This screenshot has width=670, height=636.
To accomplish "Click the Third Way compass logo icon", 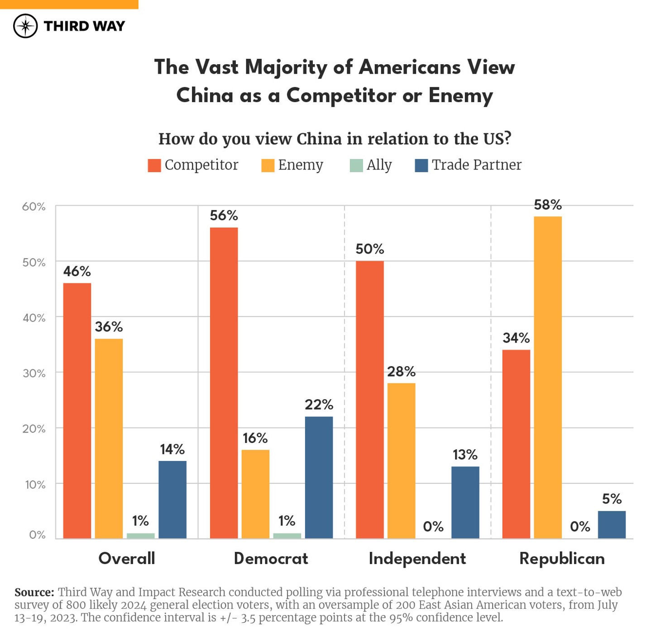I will [25, 26].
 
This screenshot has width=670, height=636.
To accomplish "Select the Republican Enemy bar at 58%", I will [548, 377].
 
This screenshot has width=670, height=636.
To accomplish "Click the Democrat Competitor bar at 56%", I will [224, 383].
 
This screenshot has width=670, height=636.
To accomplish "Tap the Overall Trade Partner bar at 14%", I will [172, 499].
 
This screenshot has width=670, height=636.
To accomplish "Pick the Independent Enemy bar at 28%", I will [401, 461].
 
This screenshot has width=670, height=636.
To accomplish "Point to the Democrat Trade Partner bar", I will [319, 477].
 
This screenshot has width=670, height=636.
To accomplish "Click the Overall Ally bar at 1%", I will [140, 536].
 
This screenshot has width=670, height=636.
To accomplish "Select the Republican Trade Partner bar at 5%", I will [612, 524].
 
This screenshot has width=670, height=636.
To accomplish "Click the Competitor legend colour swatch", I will [154, 165].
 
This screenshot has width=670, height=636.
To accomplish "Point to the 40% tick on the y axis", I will [34, 318].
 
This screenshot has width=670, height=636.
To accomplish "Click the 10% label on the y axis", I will [35, 485].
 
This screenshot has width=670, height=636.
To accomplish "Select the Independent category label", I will [417, 559].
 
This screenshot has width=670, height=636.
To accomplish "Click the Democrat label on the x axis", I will [271, 559].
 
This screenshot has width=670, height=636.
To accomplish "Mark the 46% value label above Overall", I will [77, 271].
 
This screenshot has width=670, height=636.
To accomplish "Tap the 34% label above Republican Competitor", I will [516, 338].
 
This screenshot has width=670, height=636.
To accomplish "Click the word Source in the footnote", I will [34, 592].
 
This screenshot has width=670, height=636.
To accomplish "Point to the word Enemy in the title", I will [460, 95].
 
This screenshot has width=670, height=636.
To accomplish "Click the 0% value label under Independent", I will [433, 527].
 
